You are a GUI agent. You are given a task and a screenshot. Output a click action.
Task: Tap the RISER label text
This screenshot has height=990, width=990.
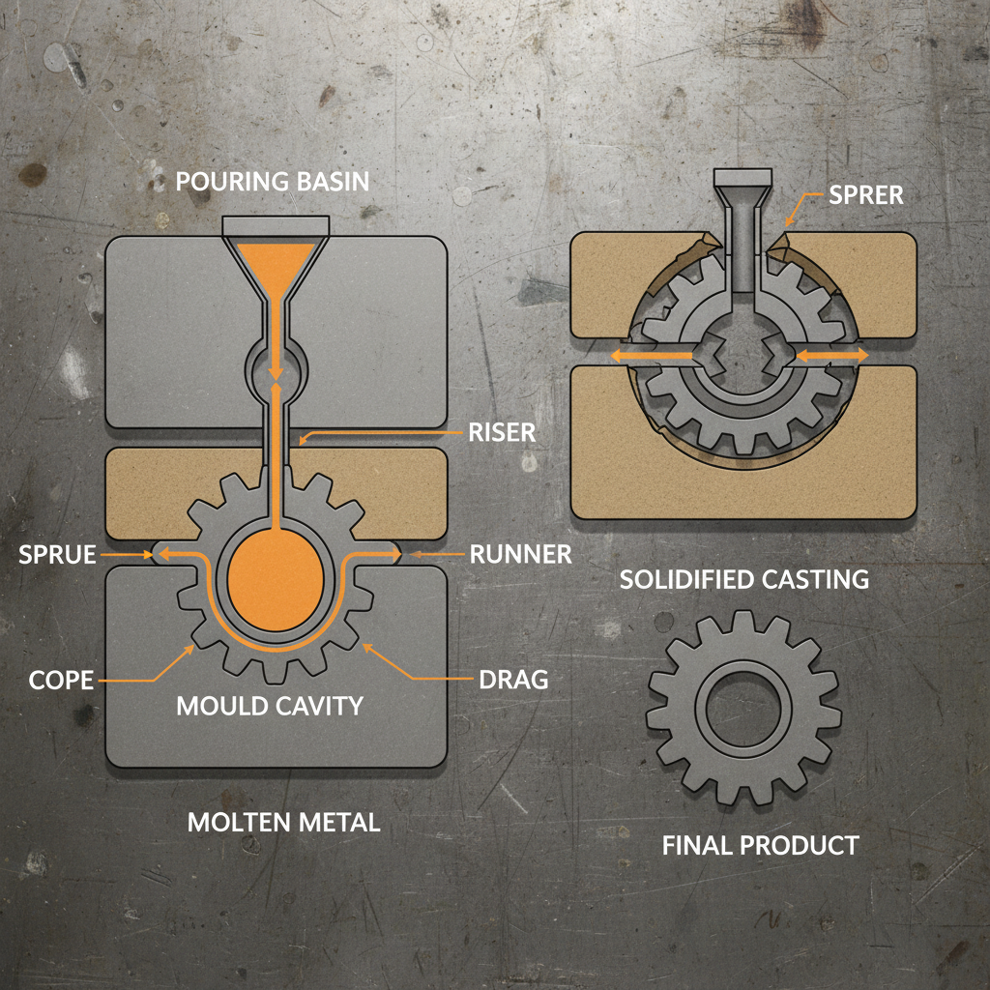501,431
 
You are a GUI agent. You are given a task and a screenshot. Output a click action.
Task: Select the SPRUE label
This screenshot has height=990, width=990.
57,555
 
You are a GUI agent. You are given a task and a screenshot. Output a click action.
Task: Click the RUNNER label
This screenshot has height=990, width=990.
521,555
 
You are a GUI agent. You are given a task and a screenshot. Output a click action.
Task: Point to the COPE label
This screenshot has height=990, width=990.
61,680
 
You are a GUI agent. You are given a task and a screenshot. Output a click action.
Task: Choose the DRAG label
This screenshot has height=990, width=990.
513,680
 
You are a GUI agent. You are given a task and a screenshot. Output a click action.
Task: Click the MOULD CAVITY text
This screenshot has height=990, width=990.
270,706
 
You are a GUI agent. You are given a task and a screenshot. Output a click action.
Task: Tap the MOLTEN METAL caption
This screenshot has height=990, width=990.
283,823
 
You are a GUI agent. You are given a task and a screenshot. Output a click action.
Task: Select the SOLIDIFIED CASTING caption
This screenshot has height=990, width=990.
743,580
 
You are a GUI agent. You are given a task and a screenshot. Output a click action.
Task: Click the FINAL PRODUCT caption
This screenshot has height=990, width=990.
760,846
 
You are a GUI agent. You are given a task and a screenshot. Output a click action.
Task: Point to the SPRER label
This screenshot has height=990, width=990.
865,195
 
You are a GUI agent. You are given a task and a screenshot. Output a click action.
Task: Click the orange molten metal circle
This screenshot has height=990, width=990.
276,581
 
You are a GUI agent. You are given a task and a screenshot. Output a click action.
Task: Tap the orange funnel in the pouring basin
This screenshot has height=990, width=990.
277,261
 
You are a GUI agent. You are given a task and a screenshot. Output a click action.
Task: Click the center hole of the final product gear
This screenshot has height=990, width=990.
743,706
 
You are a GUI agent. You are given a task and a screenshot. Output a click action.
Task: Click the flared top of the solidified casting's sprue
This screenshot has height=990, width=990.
743,180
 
